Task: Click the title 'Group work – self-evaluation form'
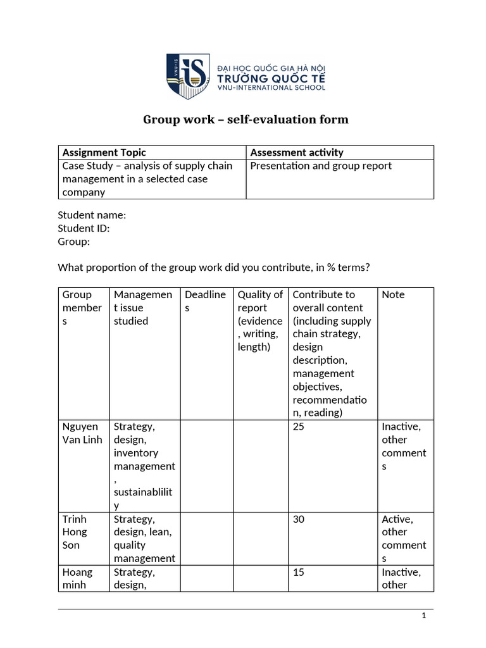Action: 246,120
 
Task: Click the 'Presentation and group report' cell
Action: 321,166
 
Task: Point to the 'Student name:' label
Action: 92,215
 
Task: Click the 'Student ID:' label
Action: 84,228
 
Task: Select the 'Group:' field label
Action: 74,242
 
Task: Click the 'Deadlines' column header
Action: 205,301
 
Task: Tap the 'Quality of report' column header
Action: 259,321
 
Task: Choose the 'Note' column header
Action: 393,295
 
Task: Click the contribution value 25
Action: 299,427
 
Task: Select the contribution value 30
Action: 299,520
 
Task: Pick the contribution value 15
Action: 299,573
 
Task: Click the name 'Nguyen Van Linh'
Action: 82,433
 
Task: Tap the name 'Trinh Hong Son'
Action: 75,532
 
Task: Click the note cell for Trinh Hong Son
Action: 404,539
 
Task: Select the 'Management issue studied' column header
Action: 142,308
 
